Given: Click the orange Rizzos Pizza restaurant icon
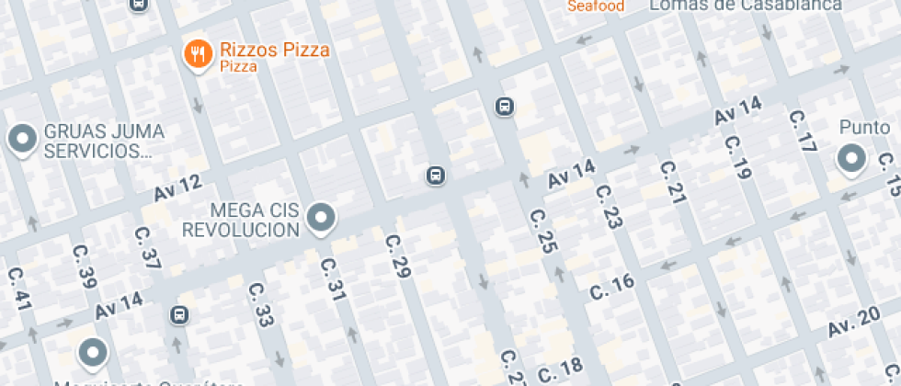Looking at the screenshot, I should [198, 54].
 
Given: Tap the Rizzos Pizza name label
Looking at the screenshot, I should [275, 50].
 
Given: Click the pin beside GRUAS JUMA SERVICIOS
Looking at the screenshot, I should [21, 139].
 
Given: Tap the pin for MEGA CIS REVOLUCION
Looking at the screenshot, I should [321, 218].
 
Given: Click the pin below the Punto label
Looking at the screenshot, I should [851, 159].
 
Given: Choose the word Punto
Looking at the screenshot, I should [865, 128].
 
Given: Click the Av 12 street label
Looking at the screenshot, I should [177, 188].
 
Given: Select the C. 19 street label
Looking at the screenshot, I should [737, 157].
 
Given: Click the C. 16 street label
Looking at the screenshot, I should [612, 287].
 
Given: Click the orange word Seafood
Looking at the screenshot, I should [596, 6].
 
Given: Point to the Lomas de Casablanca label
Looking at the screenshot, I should [745, 6].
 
